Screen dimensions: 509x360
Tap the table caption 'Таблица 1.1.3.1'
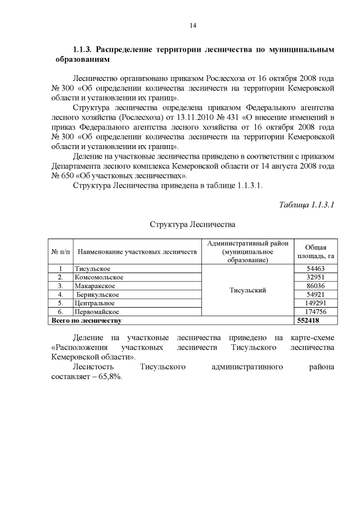(307, 204)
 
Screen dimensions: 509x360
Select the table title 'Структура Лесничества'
(192, 225)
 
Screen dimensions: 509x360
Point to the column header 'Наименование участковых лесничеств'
(137, 252)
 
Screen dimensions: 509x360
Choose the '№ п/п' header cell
(60, 252)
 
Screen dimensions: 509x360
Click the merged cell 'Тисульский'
(247, 290)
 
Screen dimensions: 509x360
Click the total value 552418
(308, 320)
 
